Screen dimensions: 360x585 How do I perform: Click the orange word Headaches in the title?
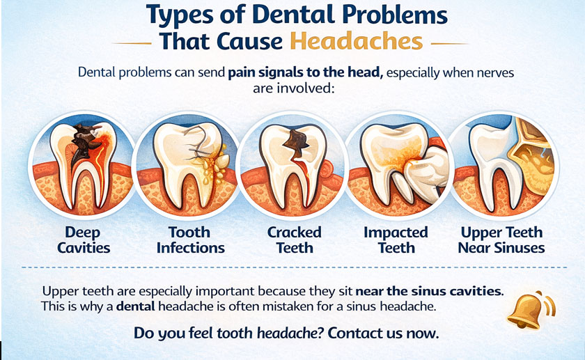point(356,40)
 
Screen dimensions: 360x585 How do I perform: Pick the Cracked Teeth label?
point(295,240)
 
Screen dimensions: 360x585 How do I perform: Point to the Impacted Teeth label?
point(396,240)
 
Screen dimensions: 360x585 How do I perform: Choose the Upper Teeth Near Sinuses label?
point(501,240)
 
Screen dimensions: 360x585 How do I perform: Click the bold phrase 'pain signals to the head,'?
point(305,72)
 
